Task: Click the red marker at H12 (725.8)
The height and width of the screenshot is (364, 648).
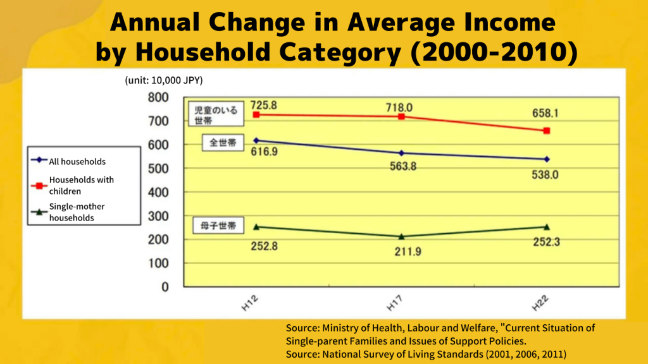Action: [256, 115]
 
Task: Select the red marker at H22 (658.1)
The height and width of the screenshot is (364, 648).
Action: [547, 131]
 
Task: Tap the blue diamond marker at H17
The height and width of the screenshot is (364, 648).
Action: [401, 153]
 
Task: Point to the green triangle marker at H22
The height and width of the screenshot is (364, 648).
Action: [547, 227]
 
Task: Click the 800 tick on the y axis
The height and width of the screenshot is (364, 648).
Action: [158, 97]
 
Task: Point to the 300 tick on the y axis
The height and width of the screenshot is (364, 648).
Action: [158, 216]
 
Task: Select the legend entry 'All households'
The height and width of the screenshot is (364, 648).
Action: [77, 162]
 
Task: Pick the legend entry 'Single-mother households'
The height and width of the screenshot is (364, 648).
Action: [77, 212]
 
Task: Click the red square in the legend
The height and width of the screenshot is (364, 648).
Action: [39, 186]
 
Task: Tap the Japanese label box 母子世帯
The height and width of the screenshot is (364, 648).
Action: [215, 226]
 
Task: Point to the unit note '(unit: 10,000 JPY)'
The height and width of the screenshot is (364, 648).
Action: [163, 80]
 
